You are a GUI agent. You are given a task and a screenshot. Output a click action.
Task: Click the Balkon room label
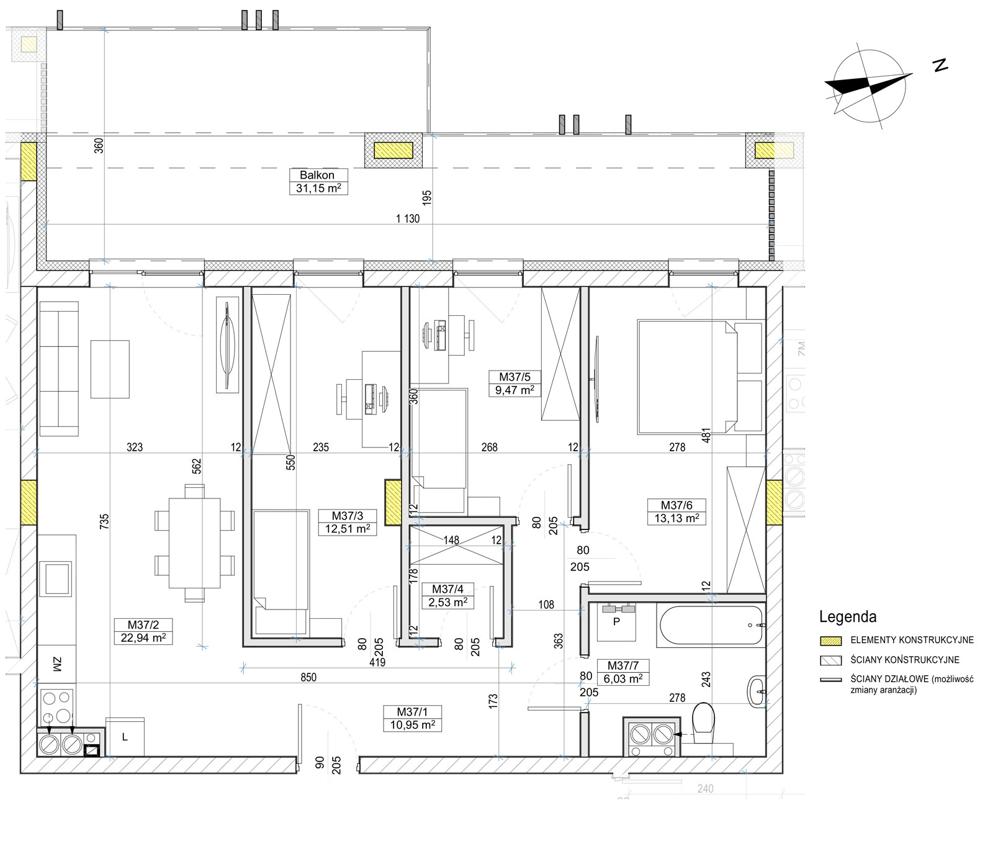[x=317, y=175]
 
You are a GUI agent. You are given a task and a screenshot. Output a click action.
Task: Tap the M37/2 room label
[x=143, y=625]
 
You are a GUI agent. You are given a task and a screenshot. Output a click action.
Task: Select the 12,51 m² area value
[x=348, y=529]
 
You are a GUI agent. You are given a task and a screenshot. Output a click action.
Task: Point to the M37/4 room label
[x=447, y=589]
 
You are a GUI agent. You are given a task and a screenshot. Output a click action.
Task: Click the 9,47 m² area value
[x=514, y=390]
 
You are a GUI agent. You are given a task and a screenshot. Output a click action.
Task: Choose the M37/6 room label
[x=676, y=505]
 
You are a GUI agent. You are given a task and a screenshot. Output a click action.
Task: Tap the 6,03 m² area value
[x=623, y=679]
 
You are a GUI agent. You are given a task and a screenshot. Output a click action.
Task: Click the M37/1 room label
[x=413, y=712]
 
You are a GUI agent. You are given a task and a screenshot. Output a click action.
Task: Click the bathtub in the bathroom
[x=711, y=626]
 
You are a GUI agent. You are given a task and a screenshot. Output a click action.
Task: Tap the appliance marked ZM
[x=57, y=665]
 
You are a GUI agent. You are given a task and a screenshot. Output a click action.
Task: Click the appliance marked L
[x=125, y=737]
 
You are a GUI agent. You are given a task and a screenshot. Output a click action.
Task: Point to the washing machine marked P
[x=616, y=622]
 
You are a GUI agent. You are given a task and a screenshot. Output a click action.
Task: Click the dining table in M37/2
[x=195, y=543]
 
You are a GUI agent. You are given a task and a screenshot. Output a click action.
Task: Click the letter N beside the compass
[x=940, y=65]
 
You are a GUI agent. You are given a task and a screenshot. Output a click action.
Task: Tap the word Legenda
[x=848, y=617]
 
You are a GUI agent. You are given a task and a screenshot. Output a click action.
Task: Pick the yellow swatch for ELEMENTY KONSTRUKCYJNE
[x=831, y=641]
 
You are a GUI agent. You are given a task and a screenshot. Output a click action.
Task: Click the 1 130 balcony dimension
[x=408, y=218]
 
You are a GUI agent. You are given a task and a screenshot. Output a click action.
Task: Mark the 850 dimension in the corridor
[x=308, y=677]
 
